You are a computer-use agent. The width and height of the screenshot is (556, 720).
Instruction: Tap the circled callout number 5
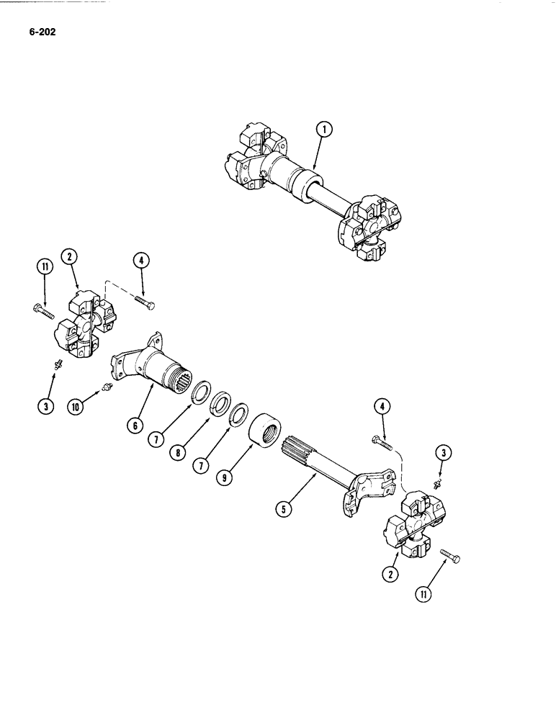pos(284,509)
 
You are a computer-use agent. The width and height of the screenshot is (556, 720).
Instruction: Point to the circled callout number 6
pos(134,426)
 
